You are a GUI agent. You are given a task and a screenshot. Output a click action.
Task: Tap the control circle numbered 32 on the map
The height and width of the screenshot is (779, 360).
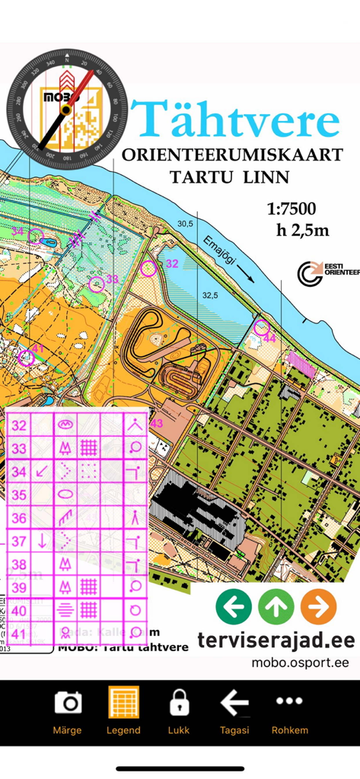click(149, 267)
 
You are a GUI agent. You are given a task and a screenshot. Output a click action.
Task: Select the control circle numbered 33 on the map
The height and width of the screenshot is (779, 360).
click(96, 285)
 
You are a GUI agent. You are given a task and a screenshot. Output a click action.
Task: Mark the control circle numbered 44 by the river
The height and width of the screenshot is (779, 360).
click(261, 329)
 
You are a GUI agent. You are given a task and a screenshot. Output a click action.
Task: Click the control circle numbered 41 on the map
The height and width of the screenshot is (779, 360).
click(27, 358)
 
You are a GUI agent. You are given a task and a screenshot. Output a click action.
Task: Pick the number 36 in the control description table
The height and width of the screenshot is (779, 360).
click(19, 518)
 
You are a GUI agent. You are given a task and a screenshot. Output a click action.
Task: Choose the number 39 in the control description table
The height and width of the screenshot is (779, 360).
click(19, 587)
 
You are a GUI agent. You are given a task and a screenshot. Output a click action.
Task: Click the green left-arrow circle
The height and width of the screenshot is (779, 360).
click(234, 606)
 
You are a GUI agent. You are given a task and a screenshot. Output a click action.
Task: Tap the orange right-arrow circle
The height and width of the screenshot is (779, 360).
click(318, 606)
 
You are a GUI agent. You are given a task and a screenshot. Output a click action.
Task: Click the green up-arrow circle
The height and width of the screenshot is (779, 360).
click(276, 606)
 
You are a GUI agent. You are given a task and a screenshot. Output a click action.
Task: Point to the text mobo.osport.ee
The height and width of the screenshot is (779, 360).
click(300, 663)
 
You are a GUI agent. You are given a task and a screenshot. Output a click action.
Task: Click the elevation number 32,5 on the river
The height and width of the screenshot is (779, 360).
click(210, 294)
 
